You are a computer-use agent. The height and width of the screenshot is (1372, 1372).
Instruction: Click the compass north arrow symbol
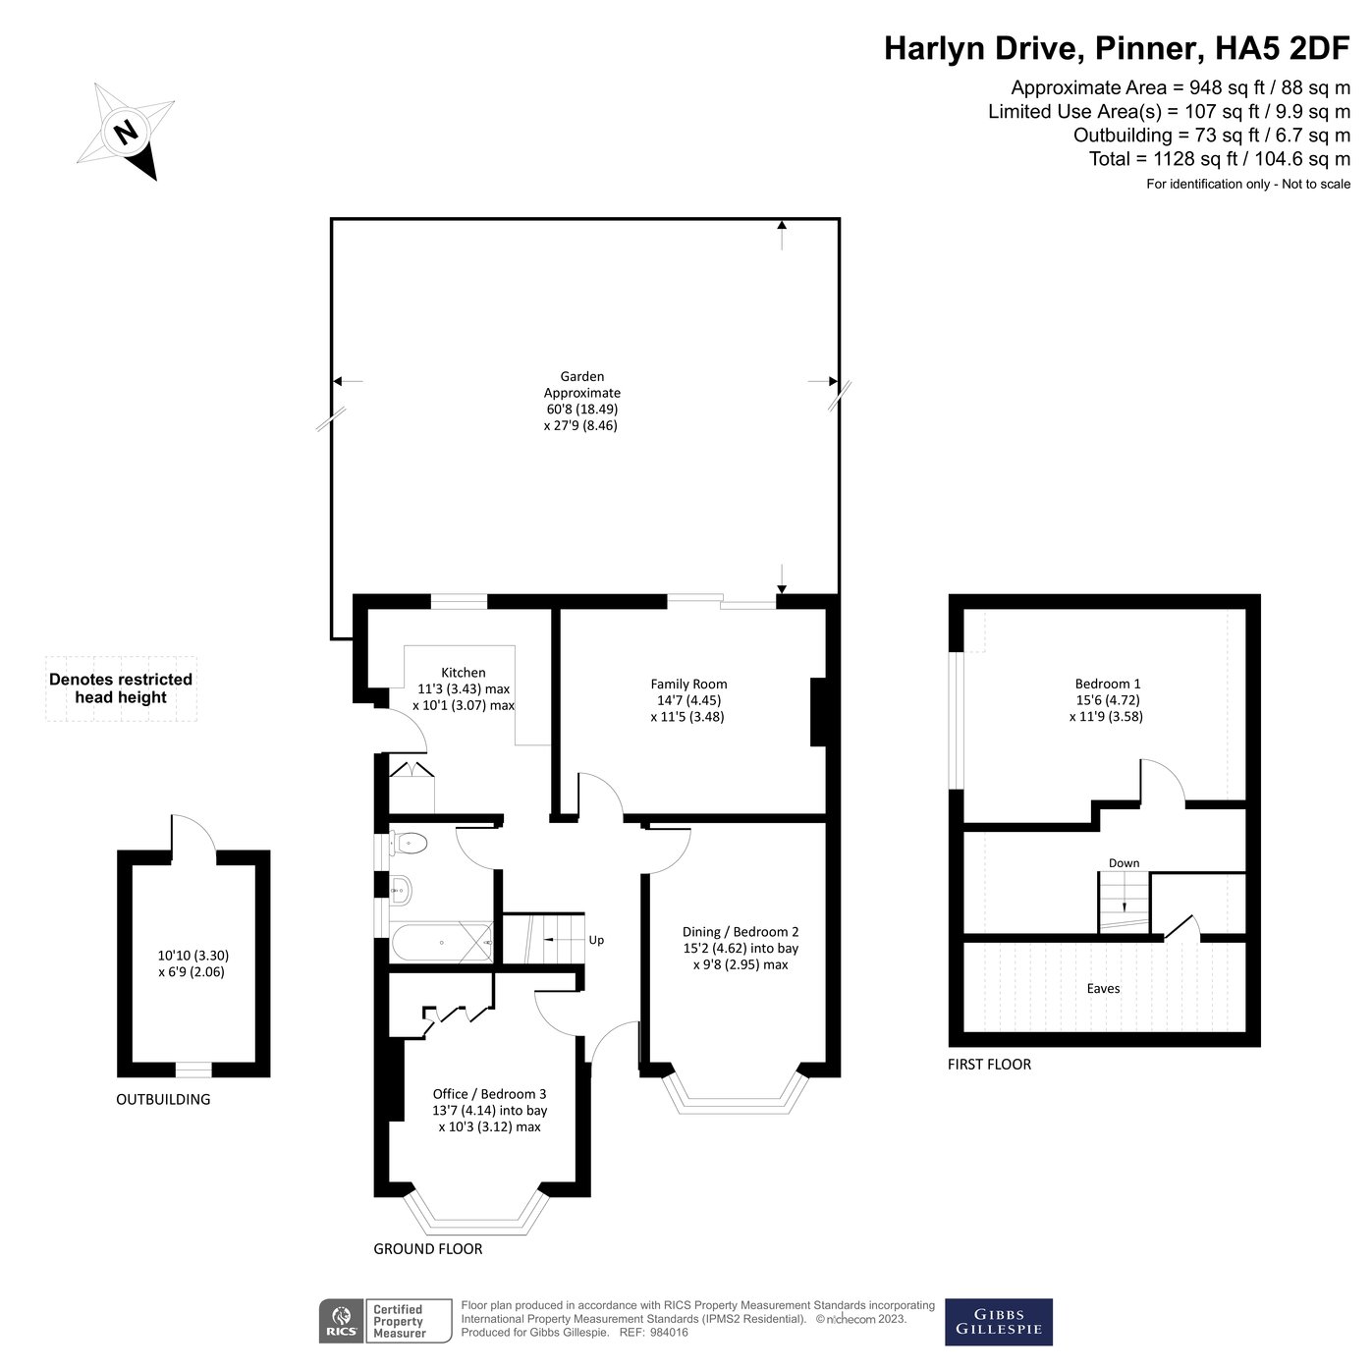pyautogui.click(x=127, y=133)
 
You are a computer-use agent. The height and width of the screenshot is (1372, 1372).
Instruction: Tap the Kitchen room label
pyautogui.click(x=463, y=673)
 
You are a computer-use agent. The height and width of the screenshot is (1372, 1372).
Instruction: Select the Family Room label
pyautogui.click(x=688, y=684)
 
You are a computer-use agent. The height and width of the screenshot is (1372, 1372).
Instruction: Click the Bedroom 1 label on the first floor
pyautogui.click(x=1107, y=684)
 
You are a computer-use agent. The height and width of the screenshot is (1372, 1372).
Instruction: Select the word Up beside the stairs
pyautogui.click(x=596, y=940)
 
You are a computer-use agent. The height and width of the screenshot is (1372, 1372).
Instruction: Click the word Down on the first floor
pyautogui.click(x=1124, y=863)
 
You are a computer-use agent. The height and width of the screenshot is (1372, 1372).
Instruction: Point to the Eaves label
pyautogui.click(x=1103, y=988)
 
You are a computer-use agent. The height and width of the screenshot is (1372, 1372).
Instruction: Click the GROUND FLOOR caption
pyautogui.click(x=427, y=1248)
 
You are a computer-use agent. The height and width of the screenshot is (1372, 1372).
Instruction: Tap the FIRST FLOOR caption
pyautogui.click(x=989, y=1064)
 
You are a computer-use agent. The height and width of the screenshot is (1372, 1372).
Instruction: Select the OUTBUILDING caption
pyautogui.click(x=163, y=1099)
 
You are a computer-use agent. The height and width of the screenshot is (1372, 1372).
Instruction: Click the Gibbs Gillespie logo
pyautogui.click(x=998, y=1322)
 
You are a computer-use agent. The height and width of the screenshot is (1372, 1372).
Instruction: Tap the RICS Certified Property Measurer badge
pyautogui.click(x=385, y=1322)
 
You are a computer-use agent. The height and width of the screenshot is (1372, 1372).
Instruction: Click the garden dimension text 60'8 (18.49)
pyautogui.click(x=582, y=409)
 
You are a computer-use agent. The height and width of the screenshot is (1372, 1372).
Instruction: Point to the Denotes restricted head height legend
pyautogui.click(x=121, y=688)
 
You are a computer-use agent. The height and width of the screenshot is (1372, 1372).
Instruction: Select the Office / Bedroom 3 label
pyautogui.click(x=489, y=1093)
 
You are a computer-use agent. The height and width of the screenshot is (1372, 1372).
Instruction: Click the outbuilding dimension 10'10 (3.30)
pyautogui.click(x=193, y=955)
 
